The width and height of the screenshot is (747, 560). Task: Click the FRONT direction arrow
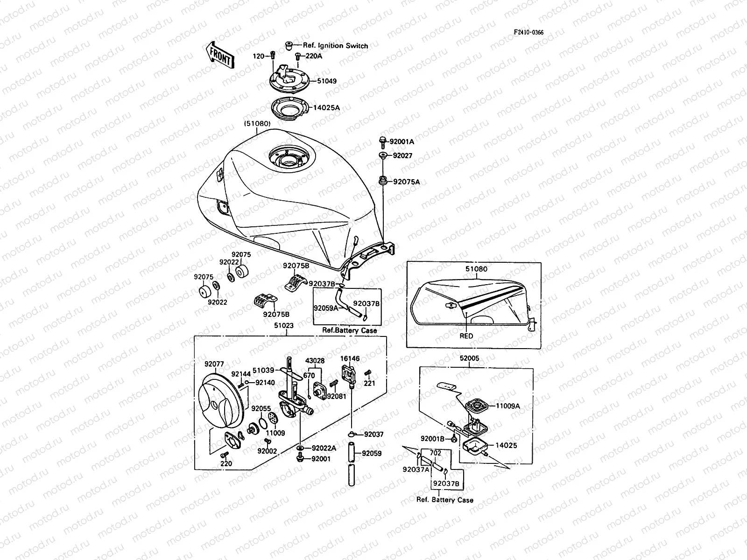click(x=219, y=56)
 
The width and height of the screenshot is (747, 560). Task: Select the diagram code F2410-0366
click(x=529, y=33)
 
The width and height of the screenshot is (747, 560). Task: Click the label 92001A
click(x=402, y=141)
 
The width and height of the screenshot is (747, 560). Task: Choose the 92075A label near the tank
click(x=406, y=182)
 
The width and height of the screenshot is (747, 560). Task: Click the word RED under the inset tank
click(x=466, y=336)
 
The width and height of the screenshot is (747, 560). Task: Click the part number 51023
click(x=283, y=326)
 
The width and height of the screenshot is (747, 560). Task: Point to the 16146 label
click(x=350, y=359)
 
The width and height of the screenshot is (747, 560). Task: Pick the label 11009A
click(x=507, y=406)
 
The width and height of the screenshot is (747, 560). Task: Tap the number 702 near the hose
click(x=435, y=453)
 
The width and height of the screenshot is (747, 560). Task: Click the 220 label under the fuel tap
click(x=226, y=464)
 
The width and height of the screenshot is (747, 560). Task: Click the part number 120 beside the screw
click(x=258, y=56)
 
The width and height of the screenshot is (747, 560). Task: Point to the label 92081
click(x=336, y=396)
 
